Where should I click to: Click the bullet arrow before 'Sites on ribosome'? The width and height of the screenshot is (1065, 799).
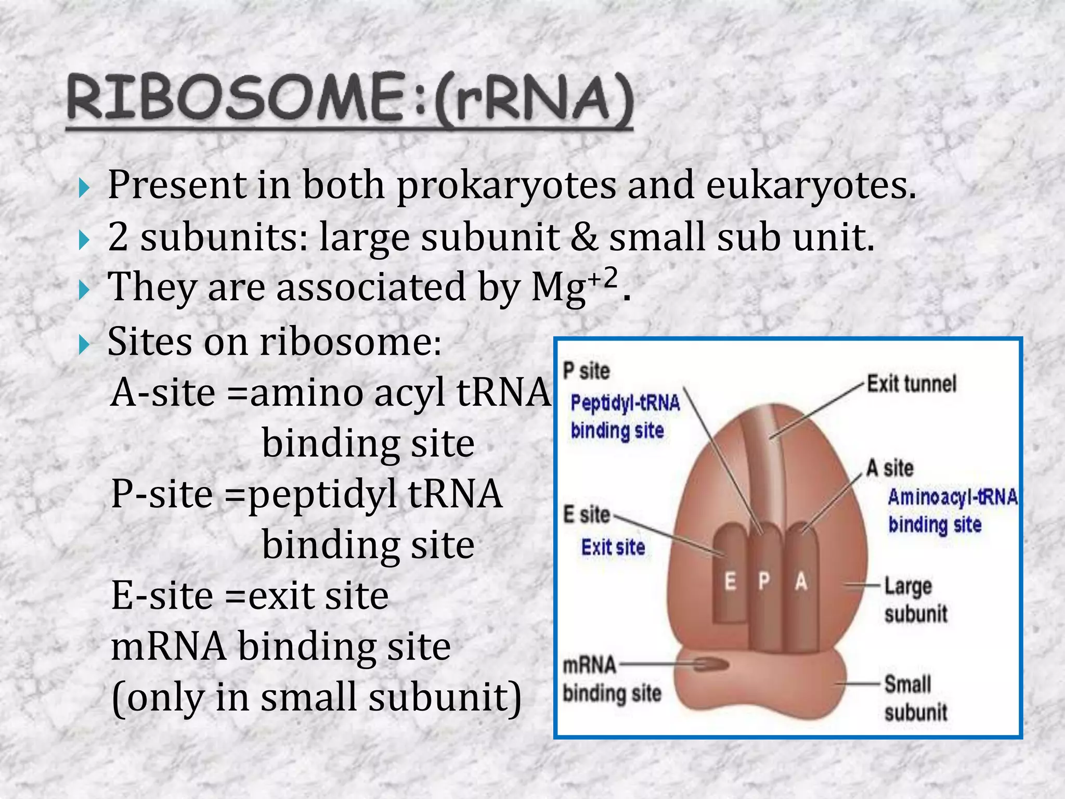(84, 344)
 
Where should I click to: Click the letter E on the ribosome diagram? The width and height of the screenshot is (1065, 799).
(731, 582)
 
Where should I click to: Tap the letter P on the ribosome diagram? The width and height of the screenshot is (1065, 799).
(763, 582)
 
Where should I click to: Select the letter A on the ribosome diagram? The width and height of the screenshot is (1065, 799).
(801, 582)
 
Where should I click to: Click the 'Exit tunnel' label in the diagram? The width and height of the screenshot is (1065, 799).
(911, 384)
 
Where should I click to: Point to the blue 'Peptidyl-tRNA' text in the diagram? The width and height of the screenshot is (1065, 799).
(625, 403)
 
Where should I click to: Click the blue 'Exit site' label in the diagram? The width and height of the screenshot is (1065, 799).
(613, 547)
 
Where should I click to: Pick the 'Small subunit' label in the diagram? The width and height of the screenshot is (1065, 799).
(915, 698)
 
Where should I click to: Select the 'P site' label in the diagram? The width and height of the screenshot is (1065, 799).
(586, 371)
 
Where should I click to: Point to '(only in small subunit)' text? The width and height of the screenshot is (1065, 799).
(316, 697)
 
